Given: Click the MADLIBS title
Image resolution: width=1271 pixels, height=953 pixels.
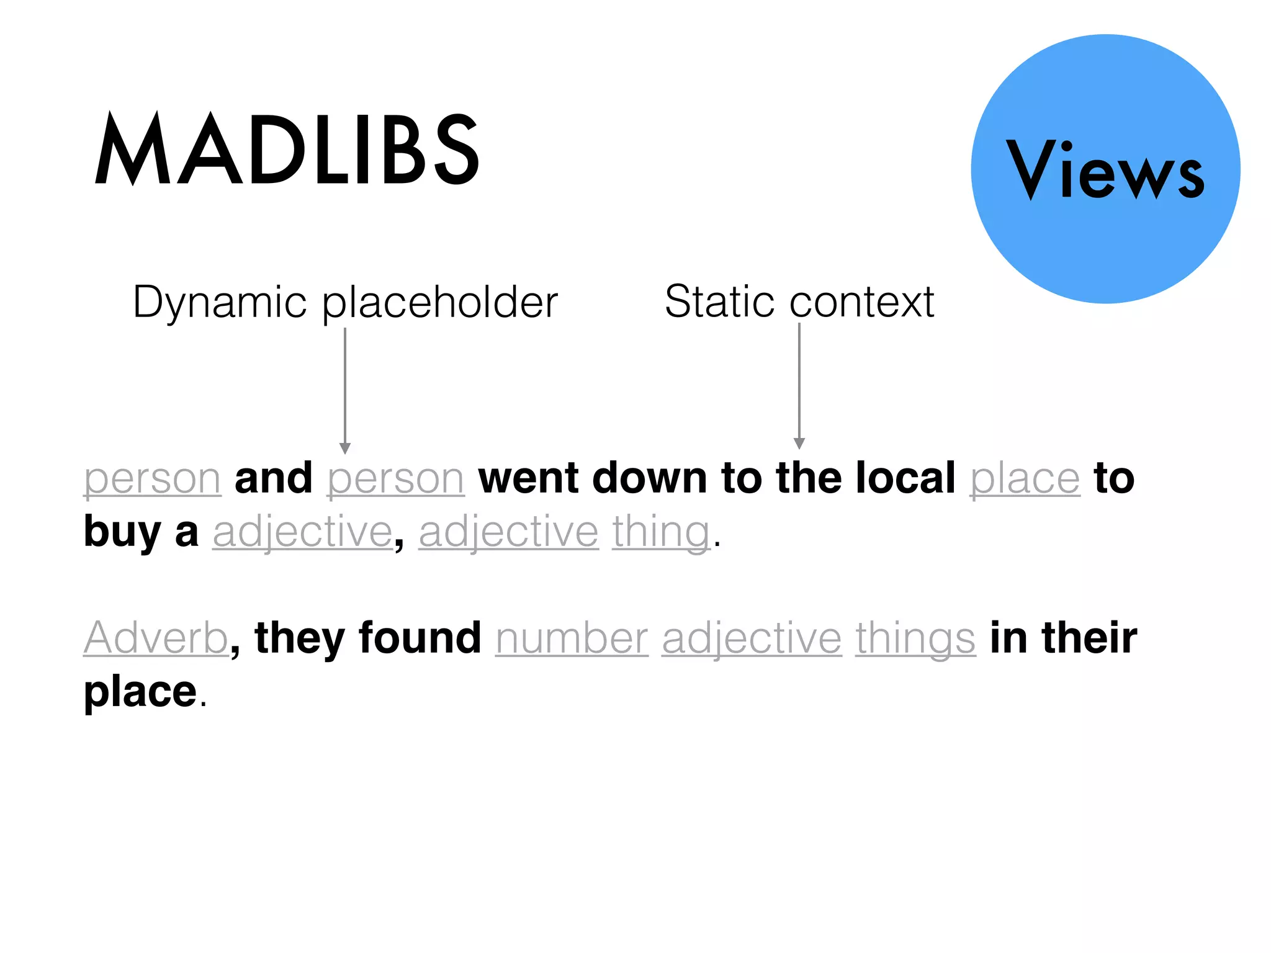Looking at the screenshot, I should click(x=287, y=149).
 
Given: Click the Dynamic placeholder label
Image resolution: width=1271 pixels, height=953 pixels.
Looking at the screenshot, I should click(x=345, y=302).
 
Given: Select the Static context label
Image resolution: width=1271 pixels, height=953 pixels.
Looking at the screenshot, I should click(x=799, y=302).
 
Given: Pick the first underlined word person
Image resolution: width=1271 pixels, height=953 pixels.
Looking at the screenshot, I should click(x=153, y=479).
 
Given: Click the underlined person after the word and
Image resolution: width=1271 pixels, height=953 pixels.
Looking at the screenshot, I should click(x=396, y=479).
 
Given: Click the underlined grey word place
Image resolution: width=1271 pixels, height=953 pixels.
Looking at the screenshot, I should click(x=1025, y=479).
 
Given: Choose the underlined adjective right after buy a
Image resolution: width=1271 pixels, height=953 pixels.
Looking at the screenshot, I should click(x=303, y=532).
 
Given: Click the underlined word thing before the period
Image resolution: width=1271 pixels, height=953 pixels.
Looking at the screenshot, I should click(x=662, y=532).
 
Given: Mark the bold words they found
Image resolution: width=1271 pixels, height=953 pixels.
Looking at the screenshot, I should click(x=368, y=638).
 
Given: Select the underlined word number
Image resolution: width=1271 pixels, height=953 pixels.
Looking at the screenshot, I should click(x=572, y=638).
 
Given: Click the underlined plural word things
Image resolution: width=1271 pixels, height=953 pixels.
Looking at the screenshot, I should click(x=915, y=638).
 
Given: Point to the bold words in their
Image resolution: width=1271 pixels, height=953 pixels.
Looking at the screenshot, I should click(x=1063, y=638).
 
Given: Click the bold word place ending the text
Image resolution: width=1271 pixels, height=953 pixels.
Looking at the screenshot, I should click(x=140, y=691).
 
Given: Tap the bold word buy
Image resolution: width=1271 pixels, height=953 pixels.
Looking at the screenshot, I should click(x=122, y=532).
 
